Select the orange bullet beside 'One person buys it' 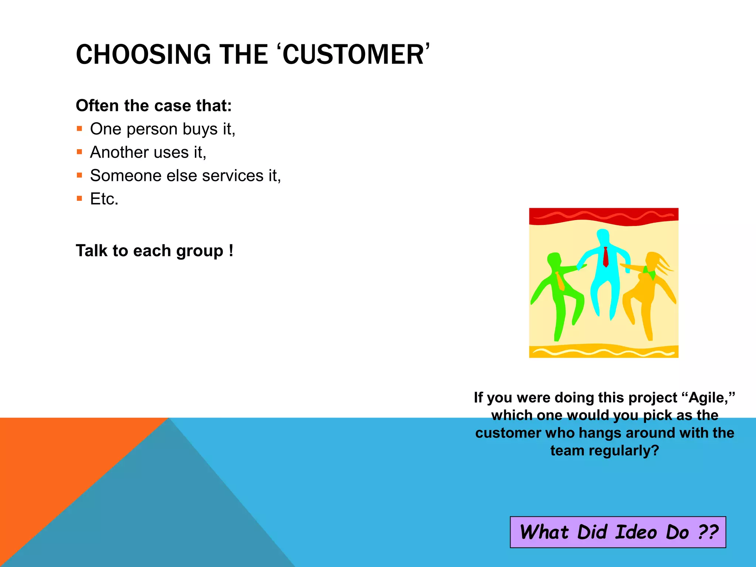tap(79, 129)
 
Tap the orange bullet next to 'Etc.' tap(79, 199)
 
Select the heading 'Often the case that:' tap(154, 106)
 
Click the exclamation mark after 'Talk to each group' tap(231, 251)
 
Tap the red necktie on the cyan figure tap(605, 257)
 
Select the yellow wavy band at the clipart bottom tap(604, 351)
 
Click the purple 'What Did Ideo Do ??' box tap(618, 532)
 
